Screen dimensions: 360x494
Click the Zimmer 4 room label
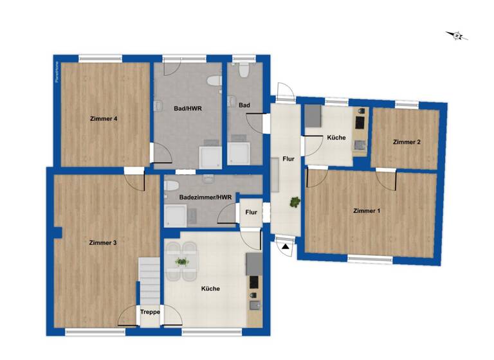103,118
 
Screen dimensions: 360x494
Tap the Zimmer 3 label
103,242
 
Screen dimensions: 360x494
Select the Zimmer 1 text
367,211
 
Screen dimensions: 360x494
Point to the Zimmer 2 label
407,142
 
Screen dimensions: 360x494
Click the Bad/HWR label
188,109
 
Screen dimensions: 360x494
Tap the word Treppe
150,313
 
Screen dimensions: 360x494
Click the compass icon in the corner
457,35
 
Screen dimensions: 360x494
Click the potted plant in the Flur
295,202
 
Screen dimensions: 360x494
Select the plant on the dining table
182,262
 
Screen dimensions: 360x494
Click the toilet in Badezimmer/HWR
170,186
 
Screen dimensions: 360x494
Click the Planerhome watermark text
57,73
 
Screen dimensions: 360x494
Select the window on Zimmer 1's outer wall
369,259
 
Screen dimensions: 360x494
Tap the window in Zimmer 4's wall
100,59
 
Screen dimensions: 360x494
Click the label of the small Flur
252,212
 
